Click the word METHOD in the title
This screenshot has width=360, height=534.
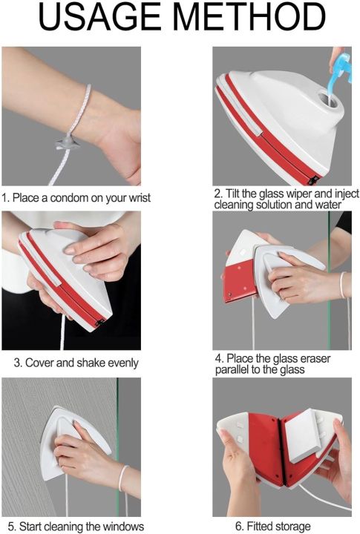pos(249,17)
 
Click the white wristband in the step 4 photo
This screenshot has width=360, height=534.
pos(342,286)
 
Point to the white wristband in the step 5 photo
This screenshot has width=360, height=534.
pos(123,478)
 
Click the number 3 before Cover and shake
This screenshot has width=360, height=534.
pos(17,363)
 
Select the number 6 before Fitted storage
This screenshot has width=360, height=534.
pos(238,526)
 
